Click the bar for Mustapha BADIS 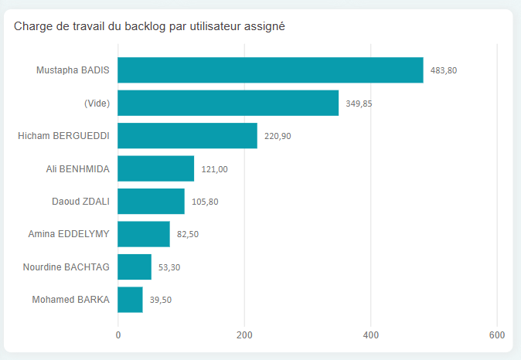click(271, 70)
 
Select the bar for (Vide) click(228, 103)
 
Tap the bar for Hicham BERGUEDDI click(187, 136)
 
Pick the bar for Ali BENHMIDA click(155, 168)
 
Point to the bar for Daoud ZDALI click(151, 202)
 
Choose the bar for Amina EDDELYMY click(144, 234)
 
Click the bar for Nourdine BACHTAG click(135, 267)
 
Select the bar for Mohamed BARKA click(130, 300)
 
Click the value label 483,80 click(444, 70)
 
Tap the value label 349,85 click(359, 103)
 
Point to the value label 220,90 click(278, 136)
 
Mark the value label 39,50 click(161, 300)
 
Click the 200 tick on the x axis click(244, 335)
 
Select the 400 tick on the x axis click(371, 335)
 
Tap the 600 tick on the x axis click(497, 335)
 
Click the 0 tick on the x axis click(118, 335)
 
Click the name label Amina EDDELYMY click(69, 234)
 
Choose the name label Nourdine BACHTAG click(66, 267)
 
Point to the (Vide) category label click(97, 103)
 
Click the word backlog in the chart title click(146, 27)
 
